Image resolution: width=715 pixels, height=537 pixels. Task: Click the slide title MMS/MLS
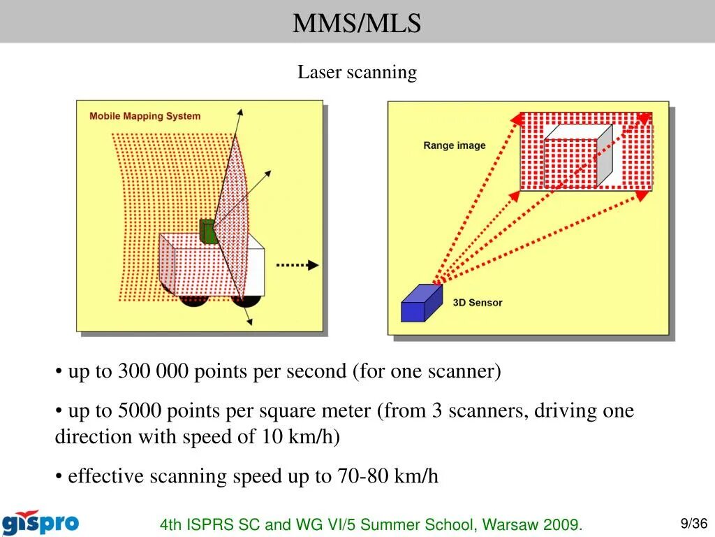tap(357, 24)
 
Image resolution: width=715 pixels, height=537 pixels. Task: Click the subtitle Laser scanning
tap(357, 72)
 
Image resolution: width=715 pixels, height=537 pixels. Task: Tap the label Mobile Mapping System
tap(145, 116)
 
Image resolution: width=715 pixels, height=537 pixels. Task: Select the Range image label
tap(454, 145)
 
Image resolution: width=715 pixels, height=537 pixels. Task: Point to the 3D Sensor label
tap(478, 303)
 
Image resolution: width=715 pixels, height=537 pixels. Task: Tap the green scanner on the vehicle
tap(207, 231)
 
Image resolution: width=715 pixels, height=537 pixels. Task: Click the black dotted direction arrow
tap(297, 265)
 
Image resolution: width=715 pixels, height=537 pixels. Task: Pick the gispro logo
tap(40, 522)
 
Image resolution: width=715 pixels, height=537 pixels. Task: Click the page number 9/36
tap(694, 523)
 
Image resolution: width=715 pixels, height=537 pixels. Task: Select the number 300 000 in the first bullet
tap(153, 371)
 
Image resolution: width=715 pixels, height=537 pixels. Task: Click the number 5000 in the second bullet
tap(140, 410)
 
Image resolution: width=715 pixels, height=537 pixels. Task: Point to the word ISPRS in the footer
tap(207, 524)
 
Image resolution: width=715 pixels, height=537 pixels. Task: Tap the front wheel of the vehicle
tap(246, 300)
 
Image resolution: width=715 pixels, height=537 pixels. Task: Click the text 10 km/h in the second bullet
tap(300, 437)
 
